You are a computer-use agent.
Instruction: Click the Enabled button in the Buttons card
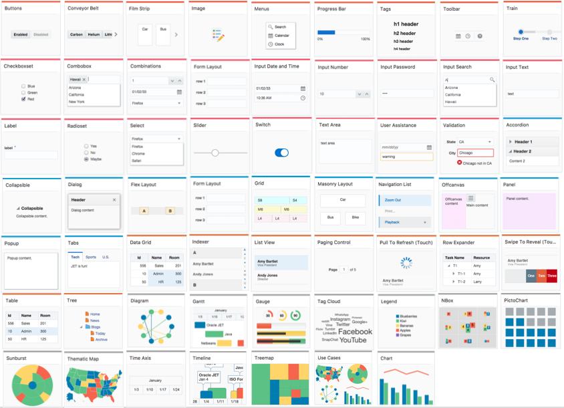(21, 34)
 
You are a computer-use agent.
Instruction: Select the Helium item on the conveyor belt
(94, 34)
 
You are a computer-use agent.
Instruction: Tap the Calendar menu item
(281, 35)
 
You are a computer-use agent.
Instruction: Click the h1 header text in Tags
(406, 23)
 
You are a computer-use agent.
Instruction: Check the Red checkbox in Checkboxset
(23, 99)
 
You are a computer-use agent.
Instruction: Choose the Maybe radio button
(86, 159)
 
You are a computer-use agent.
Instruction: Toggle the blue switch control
(282, 152)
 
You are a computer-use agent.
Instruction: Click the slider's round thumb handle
(215, 152)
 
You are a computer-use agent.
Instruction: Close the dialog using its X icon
(114, 200)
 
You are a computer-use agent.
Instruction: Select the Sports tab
(91, 257)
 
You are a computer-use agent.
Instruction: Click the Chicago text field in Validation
(475, 153)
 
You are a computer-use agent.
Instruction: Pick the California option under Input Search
(452, 95)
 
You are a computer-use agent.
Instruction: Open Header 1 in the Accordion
(523, 142)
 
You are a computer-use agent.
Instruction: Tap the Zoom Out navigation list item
(393, 200)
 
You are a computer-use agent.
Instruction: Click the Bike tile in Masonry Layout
(356, 217)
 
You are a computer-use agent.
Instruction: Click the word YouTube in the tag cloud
(353, 340)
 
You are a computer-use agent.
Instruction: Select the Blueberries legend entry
(407, 316)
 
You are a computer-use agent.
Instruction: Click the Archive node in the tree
(100, 339)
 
